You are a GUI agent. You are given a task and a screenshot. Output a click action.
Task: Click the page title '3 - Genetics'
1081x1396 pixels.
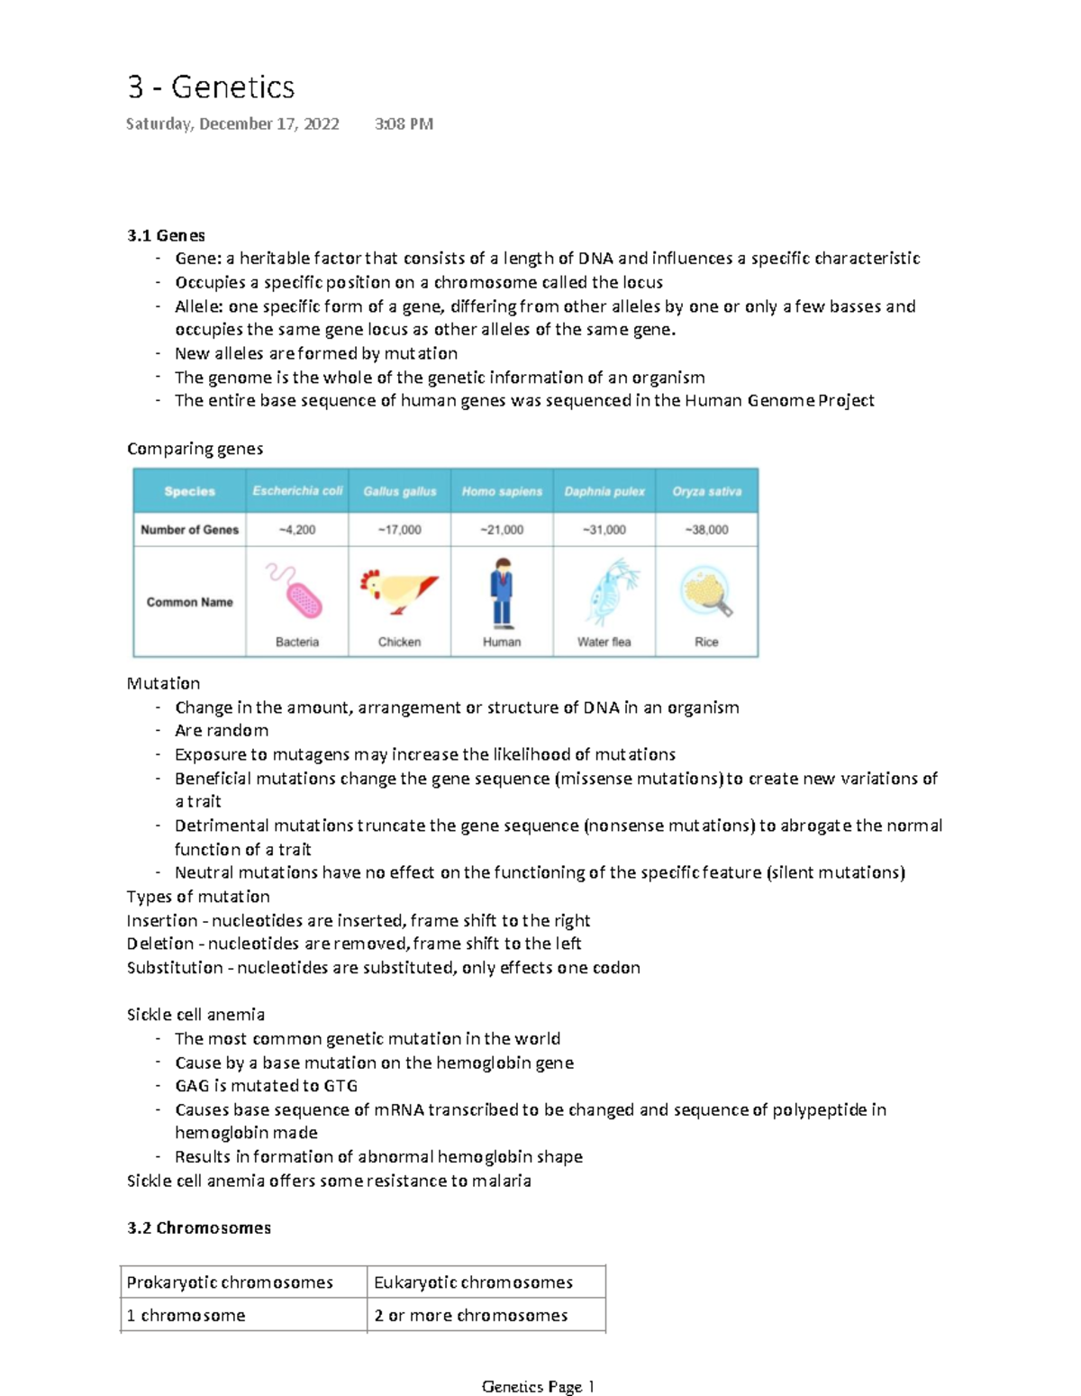click(211, 87)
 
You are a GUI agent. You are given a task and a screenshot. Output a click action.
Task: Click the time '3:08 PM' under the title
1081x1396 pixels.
click(404, 124)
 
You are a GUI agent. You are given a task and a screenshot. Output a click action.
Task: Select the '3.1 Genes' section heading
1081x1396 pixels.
click(166, 235)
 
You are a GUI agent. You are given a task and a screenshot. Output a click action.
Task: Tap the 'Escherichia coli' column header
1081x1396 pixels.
click(297, 491)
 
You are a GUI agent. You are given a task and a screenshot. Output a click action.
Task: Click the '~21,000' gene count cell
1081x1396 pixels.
click(502, 530)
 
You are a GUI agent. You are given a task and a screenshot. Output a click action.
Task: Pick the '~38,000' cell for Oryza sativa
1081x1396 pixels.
click(706, 530)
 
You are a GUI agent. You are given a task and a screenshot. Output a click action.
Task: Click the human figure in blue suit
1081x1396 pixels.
click(502, 592)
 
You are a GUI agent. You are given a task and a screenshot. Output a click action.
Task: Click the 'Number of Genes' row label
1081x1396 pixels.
click(189, 530)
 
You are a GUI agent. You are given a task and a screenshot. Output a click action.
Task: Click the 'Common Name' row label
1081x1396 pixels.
click(189, 602)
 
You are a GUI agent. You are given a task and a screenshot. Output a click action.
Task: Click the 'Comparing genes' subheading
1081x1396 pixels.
click(195, 449)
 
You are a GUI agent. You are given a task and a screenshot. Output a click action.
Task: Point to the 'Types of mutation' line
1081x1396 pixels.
click(198, 897)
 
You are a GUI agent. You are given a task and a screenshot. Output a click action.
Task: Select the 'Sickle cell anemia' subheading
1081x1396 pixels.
click(195, 1015)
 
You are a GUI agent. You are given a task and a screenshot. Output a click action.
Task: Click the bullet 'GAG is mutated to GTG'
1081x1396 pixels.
click(266, 1086)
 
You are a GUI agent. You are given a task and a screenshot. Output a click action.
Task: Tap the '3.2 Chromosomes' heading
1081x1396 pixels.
click(199, 1228)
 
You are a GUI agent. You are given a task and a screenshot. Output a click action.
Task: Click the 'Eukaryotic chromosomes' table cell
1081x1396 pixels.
click(473, 1282)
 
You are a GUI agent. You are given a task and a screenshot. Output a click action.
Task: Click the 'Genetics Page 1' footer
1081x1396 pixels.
click(538, 1387)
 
